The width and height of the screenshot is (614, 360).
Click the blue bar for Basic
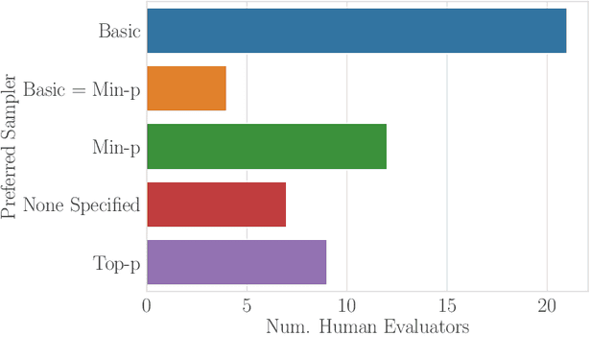356,31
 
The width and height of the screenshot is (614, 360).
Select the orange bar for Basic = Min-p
186,88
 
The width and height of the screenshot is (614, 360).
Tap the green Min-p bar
266,147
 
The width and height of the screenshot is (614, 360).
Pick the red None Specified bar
216,204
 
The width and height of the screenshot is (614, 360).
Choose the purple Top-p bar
236,262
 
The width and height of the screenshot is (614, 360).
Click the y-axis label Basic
120,31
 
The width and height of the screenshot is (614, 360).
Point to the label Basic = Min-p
83,89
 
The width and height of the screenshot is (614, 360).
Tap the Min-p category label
116,147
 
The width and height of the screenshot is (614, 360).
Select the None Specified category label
82,204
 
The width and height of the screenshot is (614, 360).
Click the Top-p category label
117,263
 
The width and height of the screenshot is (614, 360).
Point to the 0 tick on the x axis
147,306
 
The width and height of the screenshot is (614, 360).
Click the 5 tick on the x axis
247,306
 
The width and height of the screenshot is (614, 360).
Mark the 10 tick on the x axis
346,306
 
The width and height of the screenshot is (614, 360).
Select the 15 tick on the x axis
447,306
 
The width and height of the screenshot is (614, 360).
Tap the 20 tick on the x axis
547,306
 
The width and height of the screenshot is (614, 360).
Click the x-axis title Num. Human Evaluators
366,328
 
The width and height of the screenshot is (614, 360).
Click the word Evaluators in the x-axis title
425,328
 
